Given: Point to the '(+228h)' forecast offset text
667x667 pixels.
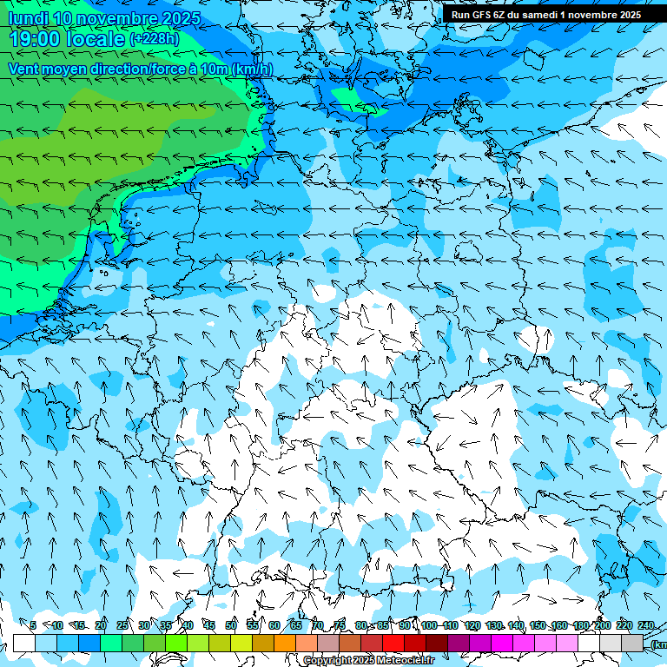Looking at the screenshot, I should [155, 39].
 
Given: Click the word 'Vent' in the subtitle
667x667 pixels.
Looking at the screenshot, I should [23, 69].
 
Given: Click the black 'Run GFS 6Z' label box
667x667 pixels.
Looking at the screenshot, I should [546, 14].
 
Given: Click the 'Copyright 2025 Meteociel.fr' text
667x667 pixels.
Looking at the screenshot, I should [369, 660].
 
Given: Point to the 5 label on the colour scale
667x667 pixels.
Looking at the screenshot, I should [32, 625].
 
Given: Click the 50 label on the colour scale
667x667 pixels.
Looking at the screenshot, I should [231, 625].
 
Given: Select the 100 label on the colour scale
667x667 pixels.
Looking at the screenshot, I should [429, 625].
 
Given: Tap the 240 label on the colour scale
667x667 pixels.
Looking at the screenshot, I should [646, 625].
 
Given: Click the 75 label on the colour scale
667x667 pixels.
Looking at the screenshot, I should [340, 625].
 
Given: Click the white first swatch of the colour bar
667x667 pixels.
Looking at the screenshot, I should [24, 643].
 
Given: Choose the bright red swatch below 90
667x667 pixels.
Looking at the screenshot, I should [393, 643].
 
